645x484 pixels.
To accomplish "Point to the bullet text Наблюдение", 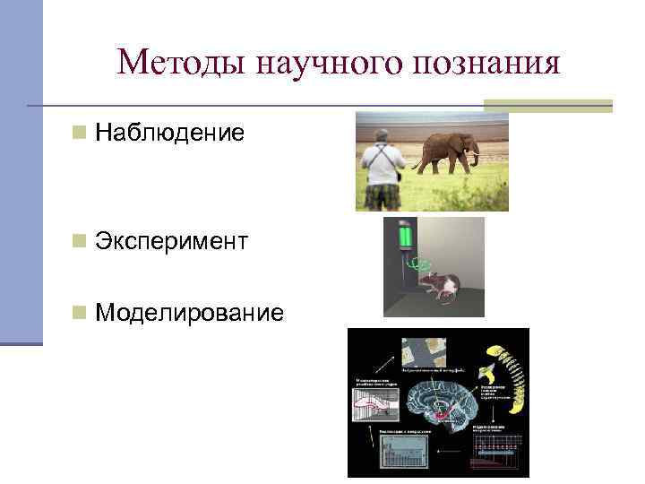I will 169,134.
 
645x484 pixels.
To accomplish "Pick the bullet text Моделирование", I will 189,312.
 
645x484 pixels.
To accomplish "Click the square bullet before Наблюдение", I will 80,134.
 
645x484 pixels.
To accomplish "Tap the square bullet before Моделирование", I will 80,312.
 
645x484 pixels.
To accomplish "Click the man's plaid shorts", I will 383,194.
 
